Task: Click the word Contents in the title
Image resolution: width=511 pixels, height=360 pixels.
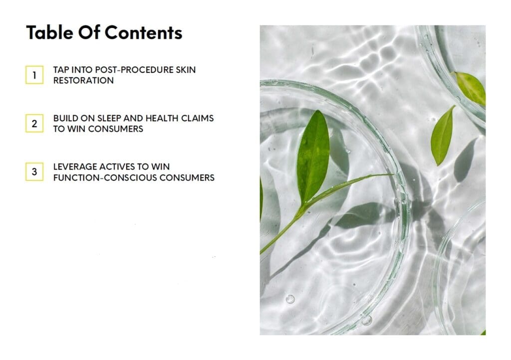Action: pyautogui.click(x=143, y=32)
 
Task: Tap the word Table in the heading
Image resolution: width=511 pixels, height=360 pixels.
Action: pyautogui.click(x=49, y=32)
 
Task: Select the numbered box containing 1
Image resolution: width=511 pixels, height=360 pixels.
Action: pyautogui.click(x=34, y=75)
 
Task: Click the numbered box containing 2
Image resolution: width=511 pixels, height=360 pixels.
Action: pyautogui.click(x=34, y=123)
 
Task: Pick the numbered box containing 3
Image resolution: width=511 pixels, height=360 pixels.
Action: pyautogui.click(x=34, y=172)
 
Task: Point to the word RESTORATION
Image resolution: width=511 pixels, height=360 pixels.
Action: pyautogui.click(x=83, y=80)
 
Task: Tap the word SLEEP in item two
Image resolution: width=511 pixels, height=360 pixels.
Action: pyautogui.click(x=109, y=118)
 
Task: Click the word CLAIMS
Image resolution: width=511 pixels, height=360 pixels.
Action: pyautogui.click(x=198, y=118)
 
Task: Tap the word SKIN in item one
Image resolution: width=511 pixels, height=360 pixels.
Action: pyautogui.click(x=186, y=70)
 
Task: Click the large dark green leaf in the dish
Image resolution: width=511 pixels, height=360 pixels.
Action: pyautogui.click(x=312, y=156)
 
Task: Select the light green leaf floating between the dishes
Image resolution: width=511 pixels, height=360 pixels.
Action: pyautogui.click(x=442, y=135)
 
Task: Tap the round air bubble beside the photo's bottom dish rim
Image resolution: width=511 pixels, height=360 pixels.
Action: pyautogui.click(x=290, y=299)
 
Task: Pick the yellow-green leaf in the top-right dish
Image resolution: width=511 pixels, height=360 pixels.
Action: pyautogui.click(x=470, y=87)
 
